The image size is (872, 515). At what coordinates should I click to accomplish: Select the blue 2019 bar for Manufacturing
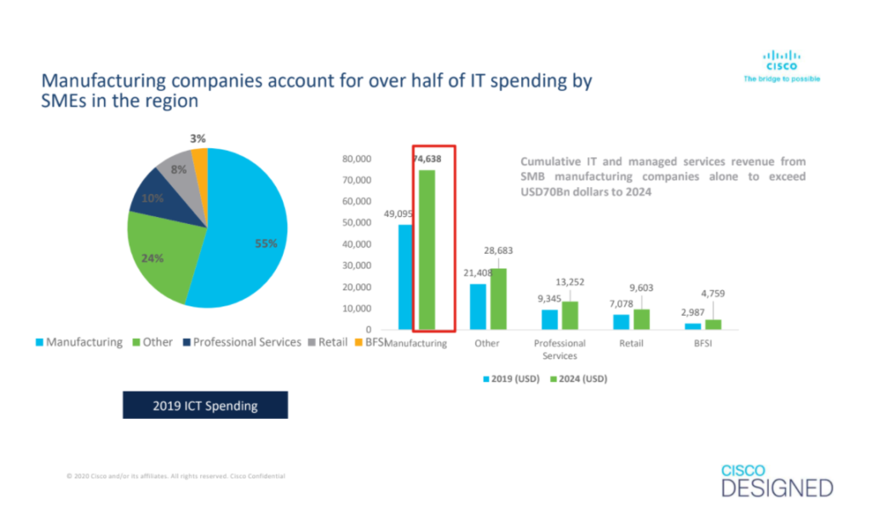click(x=406, y=277)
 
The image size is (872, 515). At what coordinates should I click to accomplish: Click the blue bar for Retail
click(x=622, y=322)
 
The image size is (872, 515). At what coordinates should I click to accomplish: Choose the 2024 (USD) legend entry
click(x=580, y=378)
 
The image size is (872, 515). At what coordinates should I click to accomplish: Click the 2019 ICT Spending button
click(x=204, y=405)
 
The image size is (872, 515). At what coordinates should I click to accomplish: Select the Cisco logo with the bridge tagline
click(x=781, y=66)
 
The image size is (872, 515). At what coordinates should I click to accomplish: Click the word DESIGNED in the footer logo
click(x=777, y=489)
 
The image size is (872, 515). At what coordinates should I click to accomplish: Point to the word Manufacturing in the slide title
click(x=101, y=82)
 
